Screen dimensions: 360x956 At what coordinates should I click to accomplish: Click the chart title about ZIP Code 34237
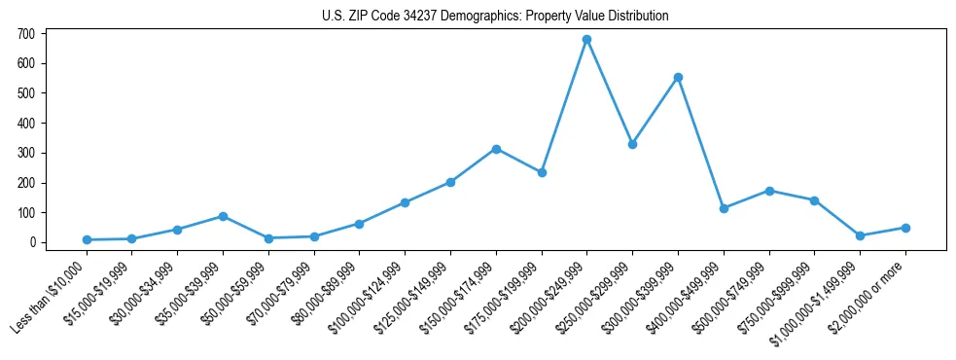coord(495,17)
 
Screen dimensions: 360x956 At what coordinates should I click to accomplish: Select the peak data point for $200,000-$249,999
coord(586,40)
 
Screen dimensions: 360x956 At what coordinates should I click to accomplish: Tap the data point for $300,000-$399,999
coord(678,77)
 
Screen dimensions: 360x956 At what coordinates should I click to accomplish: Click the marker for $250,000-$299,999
coord(632,144)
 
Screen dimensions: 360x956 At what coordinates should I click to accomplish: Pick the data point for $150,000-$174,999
coord(496,149)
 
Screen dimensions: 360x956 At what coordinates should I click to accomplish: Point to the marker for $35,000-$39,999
coord(223,216)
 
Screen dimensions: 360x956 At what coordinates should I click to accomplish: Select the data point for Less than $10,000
coord(87,239)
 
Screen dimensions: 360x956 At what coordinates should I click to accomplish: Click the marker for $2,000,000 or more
coord(905,228)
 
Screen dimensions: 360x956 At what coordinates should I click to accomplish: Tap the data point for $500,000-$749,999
coord(769,191)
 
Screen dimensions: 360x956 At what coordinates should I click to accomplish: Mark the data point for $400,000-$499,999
coord(724,208)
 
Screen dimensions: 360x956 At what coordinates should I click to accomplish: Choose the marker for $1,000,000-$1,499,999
coord(860,235)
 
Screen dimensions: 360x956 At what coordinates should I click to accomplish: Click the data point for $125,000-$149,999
coord(450,182)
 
